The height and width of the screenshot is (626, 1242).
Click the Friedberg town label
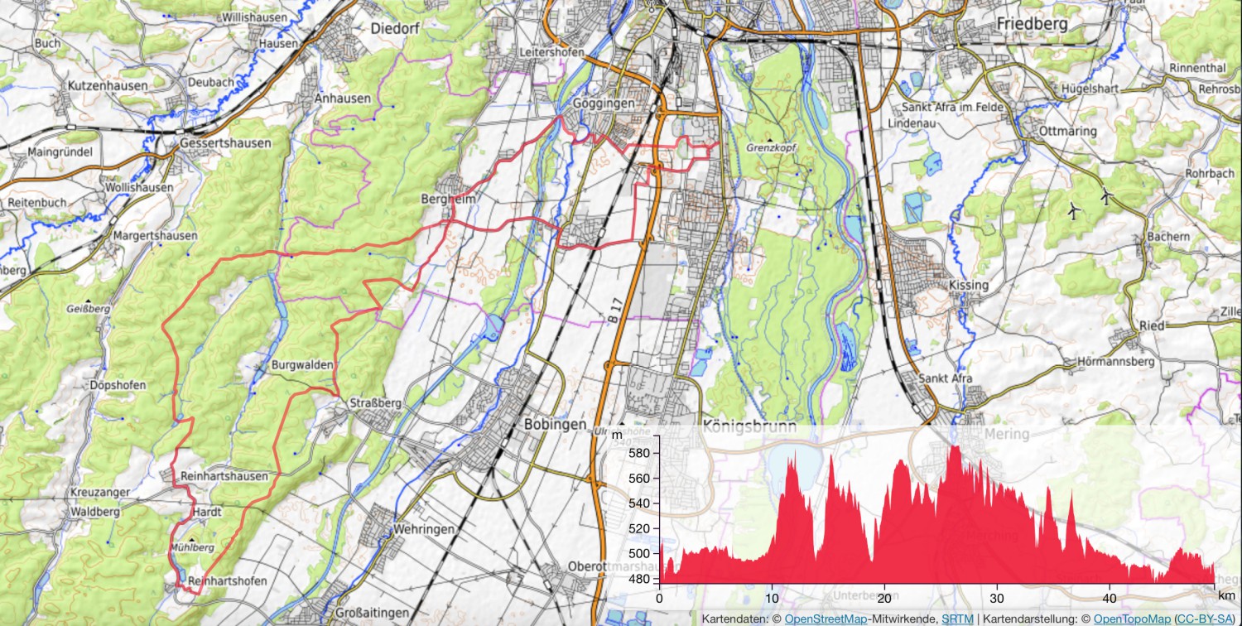coord(1032,24)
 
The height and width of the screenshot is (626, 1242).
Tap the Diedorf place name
coord(396,28)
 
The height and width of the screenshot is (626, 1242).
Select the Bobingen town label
coord(549,424)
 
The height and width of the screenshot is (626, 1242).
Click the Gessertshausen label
coord(225,143)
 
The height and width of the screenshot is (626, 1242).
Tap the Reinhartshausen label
coord(224,476)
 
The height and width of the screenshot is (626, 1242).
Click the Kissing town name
coord(969,286)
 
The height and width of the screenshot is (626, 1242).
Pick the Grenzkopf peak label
coord(770,148)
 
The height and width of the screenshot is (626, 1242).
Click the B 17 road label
coord(613,313)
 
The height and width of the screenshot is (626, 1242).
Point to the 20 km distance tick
coord(885,598)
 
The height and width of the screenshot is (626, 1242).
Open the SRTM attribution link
coord(957,619)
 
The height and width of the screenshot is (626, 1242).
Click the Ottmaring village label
coord(1069,131)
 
